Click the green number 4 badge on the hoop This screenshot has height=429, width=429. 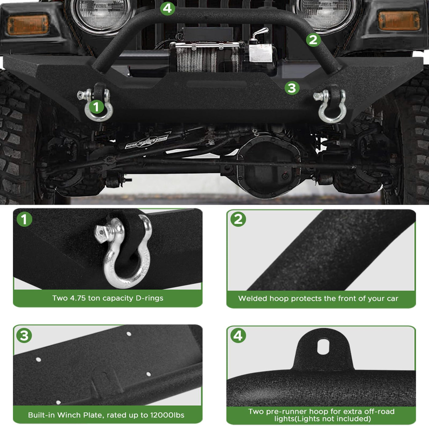[x=167, y=8]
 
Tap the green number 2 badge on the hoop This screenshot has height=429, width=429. [x=313, y=40]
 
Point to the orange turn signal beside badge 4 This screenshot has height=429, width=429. [x=28, y=25]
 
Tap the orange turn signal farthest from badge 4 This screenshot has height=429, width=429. [x=399, y=21]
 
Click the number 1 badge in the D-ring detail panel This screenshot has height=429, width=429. [x=25, y=219]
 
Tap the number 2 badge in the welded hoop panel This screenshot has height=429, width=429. [x=238, y=219]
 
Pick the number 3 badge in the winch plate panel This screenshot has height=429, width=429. [x=24, y=336]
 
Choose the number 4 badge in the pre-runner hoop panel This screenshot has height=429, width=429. [x=238, y=336]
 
